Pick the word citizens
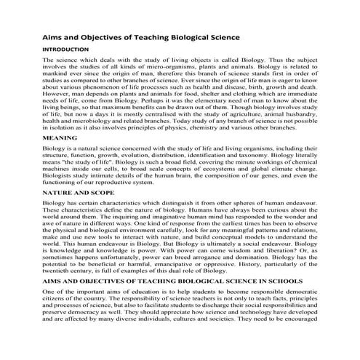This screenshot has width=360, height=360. tap(58, 299)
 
